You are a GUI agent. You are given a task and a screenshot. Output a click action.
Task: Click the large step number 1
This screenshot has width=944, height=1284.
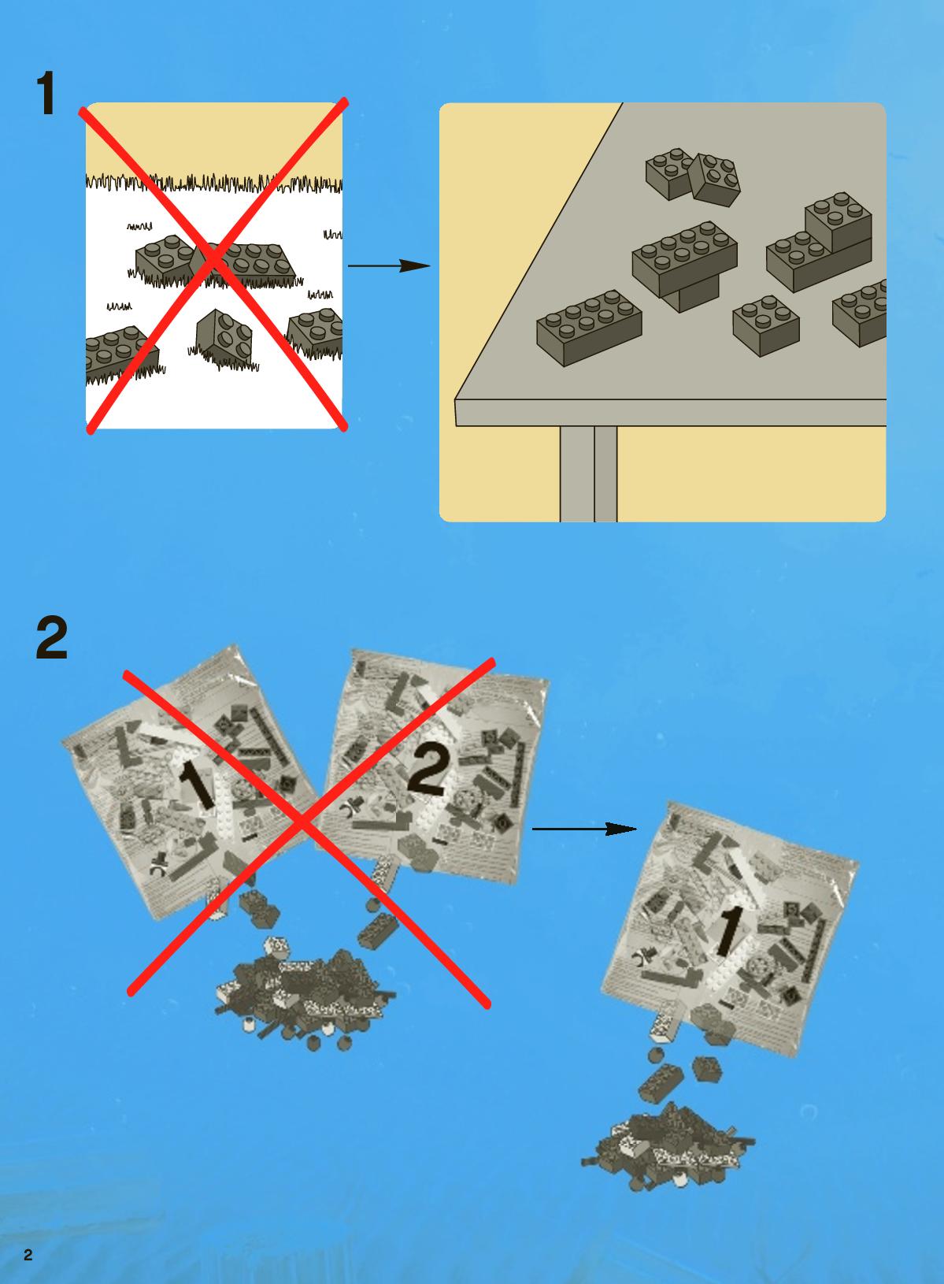[x=46, y=94]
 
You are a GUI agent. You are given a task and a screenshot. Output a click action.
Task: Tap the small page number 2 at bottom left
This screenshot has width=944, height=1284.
[x=28, y=1255]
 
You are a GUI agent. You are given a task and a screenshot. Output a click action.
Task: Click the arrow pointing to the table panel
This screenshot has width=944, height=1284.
[x=389, y=266]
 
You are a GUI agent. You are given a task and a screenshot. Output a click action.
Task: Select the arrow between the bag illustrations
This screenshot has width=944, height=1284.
[x=584, y=829]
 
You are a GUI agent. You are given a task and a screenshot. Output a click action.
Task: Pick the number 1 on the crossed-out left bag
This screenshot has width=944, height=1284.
[x=198, y=786]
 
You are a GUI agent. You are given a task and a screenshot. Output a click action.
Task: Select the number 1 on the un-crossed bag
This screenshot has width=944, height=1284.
[x=728, y=931]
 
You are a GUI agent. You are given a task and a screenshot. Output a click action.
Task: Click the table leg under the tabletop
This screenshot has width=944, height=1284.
[x=588, y=473]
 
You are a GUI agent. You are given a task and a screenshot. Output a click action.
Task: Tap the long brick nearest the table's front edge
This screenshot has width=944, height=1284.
[x=589, y=328]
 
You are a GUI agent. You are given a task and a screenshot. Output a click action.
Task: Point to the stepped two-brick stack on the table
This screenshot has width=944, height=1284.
[x=819, y=242]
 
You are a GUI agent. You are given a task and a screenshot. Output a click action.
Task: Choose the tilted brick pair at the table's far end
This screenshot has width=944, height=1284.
[x=693, y=176]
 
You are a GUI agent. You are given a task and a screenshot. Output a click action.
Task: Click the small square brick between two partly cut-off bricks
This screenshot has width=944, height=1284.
[x=766, y=325]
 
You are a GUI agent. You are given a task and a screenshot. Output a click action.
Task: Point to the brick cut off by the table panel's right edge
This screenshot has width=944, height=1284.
[x=860, y=313]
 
